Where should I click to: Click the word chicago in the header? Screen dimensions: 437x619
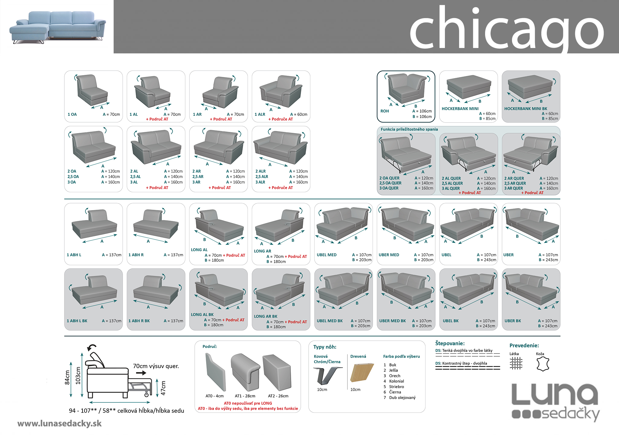pos(506,29)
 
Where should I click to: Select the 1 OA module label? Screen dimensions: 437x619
pos(72,114)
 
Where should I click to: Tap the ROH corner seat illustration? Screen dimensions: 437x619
pos(406,89)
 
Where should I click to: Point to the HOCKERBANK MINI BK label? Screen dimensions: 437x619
pos(526,109)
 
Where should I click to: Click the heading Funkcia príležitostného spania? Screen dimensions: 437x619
pos(409,129)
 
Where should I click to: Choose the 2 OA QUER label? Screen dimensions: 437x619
pos(389,178)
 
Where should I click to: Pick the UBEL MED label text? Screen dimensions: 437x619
pos(326,255)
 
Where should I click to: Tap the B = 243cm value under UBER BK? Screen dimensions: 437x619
pos(547,326)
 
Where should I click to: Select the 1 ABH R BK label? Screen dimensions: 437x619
pos(139,321)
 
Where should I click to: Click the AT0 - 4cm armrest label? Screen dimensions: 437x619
pos(215,396)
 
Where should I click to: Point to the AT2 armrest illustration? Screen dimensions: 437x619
pos(277,372)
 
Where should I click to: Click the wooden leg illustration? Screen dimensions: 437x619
pos(360,373)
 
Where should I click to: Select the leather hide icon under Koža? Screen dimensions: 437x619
pos(543,364)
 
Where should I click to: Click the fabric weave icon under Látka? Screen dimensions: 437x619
pos(516,363)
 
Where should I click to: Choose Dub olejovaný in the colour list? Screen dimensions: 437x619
pos(402,397)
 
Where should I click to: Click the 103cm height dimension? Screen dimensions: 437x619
pos(78,375)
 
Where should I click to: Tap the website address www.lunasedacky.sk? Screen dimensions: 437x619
pos(60,424)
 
